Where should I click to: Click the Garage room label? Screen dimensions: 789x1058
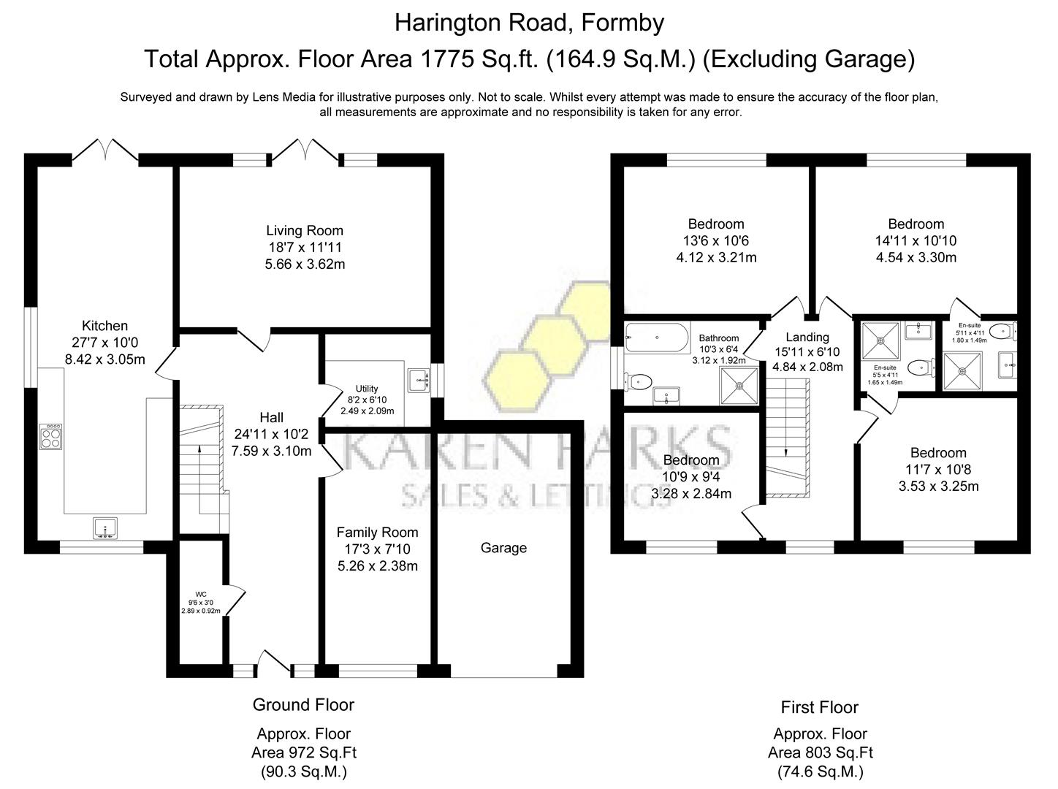503,548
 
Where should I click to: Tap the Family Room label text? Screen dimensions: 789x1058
377,533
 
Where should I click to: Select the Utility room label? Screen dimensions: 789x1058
367,389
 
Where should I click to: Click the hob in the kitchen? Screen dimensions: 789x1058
51,436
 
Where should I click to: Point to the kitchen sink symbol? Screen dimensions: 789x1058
105,527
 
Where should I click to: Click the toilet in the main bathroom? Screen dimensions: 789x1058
639,381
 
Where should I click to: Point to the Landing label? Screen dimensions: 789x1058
807,337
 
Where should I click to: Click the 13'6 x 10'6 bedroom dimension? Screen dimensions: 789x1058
716,241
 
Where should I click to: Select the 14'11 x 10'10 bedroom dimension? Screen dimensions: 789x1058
916,241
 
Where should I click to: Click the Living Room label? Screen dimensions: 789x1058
305,230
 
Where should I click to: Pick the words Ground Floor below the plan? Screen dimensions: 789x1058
303,705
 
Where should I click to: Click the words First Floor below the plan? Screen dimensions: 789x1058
819,707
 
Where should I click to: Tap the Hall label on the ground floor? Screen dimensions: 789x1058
272,417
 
